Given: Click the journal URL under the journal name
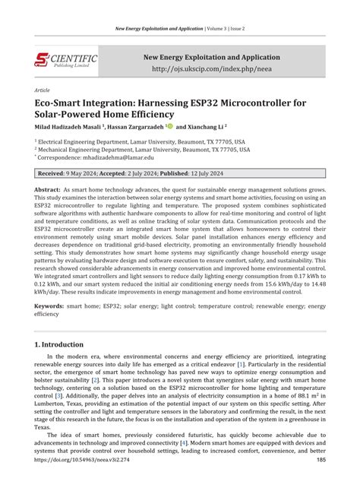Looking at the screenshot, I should pyautogui.click(x=210, y=69).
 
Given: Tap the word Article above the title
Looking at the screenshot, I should pyautogui.click(x=43, y=90).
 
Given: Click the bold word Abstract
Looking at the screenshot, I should pyautogui.click(x=46, y=189).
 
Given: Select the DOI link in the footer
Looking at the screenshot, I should pyautogui.click(x=82, y=479).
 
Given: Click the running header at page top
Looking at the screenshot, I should pyautogui.click(x=179, y=27).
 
